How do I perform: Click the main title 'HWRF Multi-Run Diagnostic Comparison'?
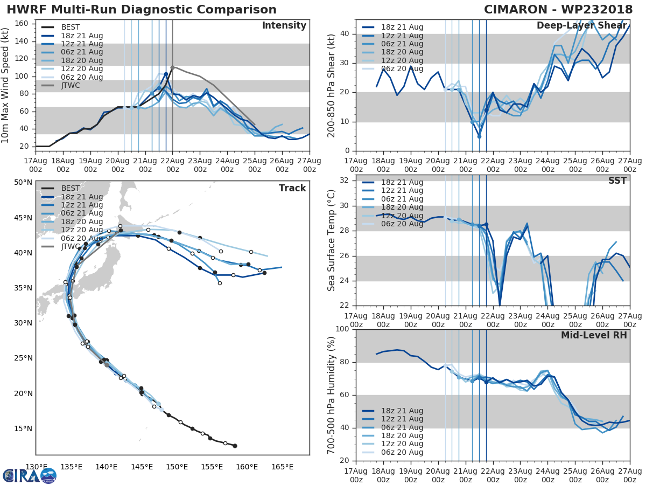[x=142, y=10]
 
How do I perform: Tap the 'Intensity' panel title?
[x=284, y=26]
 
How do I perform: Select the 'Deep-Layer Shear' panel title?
[x=581, y=26]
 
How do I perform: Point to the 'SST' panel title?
[x=617, y=181]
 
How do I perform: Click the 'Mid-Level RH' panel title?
[x=594, y=335]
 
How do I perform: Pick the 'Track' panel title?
[x=292, y=188]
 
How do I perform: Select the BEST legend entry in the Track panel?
[x=71, y=188]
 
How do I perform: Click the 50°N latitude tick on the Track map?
[x=23, y=182]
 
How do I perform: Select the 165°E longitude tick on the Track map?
[x=282, y=467]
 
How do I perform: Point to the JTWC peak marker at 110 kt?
[x=172, y=68]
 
